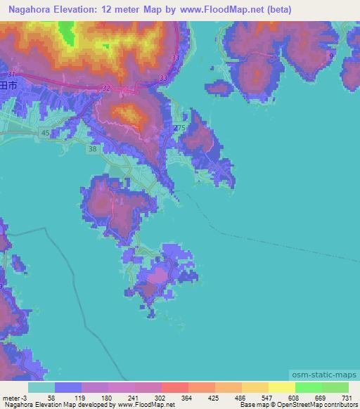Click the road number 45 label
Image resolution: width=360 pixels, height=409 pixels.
point(45,133)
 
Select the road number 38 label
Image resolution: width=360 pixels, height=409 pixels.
point(93,149)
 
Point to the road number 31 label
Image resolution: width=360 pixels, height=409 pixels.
point(11,74)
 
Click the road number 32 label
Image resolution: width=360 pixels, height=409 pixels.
point(106,88)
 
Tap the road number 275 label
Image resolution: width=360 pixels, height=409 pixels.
point(179,128)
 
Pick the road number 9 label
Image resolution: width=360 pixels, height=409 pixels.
point(330,55)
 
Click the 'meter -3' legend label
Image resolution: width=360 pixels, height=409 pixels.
point(15,398)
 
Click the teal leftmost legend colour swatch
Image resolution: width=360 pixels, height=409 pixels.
point(41,387)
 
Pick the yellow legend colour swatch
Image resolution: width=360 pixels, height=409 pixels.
point(281,387)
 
